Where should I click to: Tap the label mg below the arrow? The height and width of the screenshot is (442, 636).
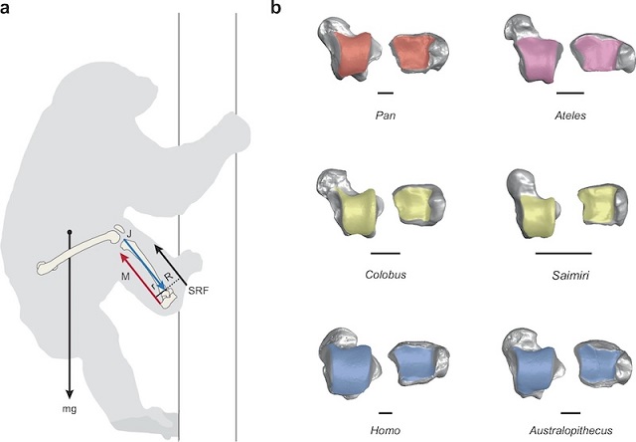(x=69, y=407)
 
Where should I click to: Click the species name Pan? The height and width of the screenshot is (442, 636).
(x=380, y=115)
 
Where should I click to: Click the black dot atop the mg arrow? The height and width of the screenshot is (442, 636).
(x=69, y=233)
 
